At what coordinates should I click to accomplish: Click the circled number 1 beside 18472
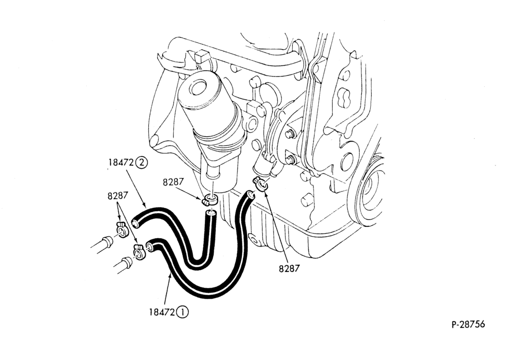(183, 312)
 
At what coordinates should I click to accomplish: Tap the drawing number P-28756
(468, 324)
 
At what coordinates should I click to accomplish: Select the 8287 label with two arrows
(118, 196)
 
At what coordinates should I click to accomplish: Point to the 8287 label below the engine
(289, 268)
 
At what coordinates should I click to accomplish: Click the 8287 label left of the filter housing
(173, 182)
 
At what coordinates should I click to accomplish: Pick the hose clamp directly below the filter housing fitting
(210, 200)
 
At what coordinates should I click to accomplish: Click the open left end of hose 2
(135, 223)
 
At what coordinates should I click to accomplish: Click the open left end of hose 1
(150, 247)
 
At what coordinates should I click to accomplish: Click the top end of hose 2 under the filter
(210, 213)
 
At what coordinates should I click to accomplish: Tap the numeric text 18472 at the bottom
(162, 312)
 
